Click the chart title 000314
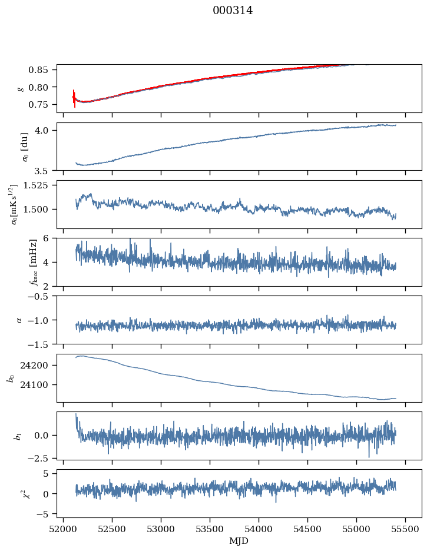233,11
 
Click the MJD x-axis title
239,540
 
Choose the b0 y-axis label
10,378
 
